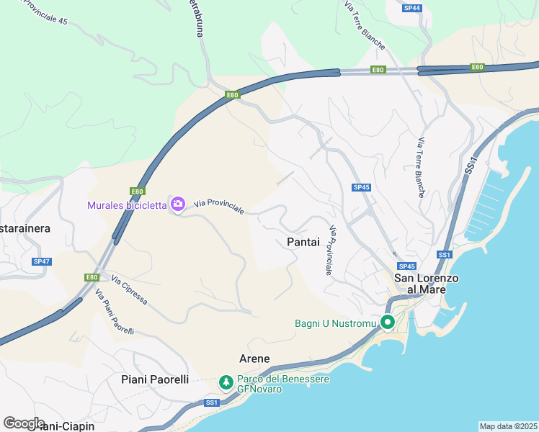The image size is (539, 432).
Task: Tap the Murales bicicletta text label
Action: click(126, 205)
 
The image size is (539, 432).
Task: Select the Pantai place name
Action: click(303, 243)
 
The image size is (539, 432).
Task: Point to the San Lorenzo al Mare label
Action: click(419, 283)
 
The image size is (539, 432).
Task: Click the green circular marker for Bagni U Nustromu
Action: click(387, 323)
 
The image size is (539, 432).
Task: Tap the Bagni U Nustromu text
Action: click(336, 323)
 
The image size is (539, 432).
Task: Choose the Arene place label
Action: click(254, 359)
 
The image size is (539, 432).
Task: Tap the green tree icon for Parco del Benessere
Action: click(226, 382)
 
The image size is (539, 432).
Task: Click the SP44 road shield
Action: click(412, 8)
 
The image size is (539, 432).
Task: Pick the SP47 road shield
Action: click(42, 261)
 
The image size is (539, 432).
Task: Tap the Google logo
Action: click(24, 423)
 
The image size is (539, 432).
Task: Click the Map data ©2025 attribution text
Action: click(508, 426)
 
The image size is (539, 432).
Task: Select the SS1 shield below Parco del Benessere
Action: click(211, 402)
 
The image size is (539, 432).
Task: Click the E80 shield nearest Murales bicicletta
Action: click(137, 192)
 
